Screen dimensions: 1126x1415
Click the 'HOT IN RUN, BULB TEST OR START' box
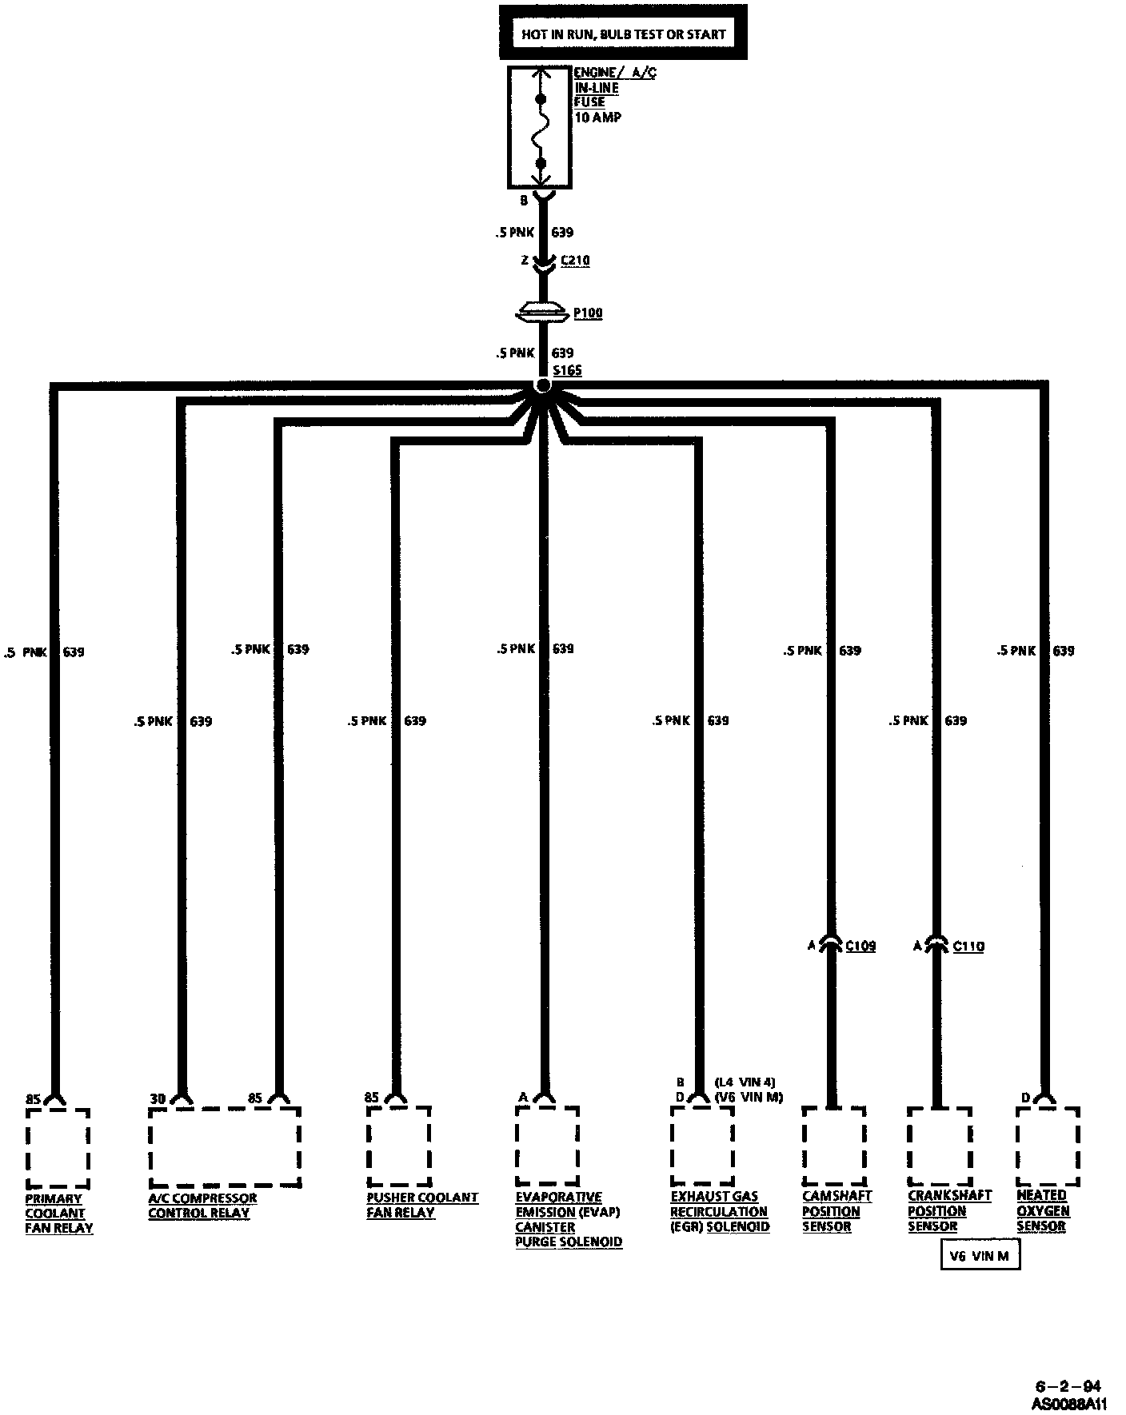tap(623, 34)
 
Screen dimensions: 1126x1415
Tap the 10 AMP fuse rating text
tap(597, 118)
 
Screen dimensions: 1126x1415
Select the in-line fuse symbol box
tap(540, 127)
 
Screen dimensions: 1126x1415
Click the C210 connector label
tap(575, 261)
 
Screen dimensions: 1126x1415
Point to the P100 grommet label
tap(588, 313)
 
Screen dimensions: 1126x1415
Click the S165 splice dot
tap(543, 386)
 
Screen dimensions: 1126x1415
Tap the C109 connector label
tap(860, 946)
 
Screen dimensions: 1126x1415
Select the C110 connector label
tap(968, 946)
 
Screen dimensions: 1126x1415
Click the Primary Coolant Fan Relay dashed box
tap(58, 1147)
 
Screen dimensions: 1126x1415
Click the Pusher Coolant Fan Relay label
tap(421, 1204)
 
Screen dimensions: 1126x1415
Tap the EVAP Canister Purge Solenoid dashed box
tap(547, 1145)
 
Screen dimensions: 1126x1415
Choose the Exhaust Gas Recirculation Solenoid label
tap(719, 1211)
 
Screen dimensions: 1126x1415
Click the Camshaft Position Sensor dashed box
tap(834, 1145)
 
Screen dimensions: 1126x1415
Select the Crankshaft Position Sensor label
tap(948, 1210)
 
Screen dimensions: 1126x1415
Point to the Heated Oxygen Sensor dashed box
tap(1048, 1146)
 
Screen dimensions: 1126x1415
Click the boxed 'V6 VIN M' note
tap(980, 1256)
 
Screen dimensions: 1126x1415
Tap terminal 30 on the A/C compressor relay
tap(158, 1099)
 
